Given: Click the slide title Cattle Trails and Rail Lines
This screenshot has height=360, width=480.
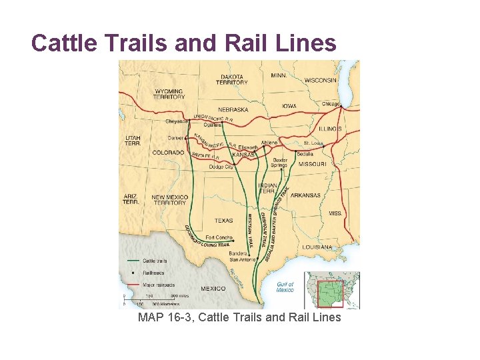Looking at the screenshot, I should tap(183, 43).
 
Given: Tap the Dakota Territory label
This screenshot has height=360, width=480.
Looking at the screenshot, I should tap(232, 79).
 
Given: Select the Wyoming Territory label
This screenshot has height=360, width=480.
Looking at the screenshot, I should tap(169, 93).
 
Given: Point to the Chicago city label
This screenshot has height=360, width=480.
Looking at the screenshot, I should tap(330, 104).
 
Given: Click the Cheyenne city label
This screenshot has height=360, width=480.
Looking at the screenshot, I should tap(178, 121).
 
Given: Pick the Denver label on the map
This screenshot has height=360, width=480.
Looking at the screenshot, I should tap(175, 138).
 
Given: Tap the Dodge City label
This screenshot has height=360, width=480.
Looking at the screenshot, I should tap(221, 167).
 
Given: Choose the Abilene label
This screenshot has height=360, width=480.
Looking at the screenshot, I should tap(269, 143).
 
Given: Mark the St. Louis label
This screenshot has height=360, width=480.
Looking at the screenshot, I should tap(314, 143).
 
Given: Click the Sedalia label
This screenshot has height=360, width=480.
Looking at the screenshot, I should tap(306, 153).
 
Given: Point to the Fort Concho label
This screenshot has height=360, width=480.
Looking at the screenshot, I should tap(219, 237).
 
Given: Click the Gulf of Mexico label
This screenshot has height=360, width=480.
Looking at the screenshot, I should tap(285, 287).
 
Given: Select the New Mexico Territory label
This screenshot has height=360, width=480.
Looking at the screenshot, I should tap(169, 200).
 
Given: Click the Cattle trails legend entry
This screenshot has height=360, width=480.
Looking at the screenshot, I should tap(154, 261).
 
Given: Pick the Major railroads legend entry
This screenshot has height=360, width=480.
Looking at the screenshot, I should tap(157, 284).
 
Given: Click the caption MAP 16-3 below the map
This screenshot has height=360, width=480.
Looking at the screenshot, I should tap(239, 317).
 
